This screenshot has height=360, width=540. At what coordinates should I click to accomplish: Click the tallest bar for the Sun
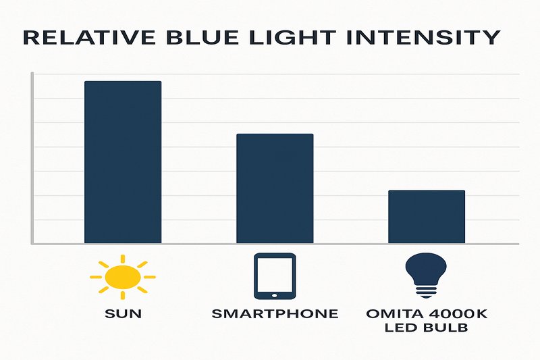click(122, 162)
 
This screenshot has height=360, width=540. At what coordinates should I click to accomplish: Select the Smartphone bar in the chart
click(274, 188)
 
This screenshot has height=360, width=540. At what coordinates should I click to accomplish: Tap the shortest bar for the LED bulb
click(426, 217)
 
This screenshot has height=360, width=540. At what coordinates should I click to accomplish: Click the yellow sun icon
click(122, 276)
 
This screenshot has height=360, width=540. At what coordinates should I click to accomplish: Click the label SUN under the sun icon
click(123, 314)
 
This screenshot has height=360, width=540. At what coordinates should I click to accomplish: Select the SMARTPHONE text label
click(274, 314)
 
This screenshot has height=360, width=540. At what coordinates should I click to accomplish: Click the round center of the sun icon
click(124, 277)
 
